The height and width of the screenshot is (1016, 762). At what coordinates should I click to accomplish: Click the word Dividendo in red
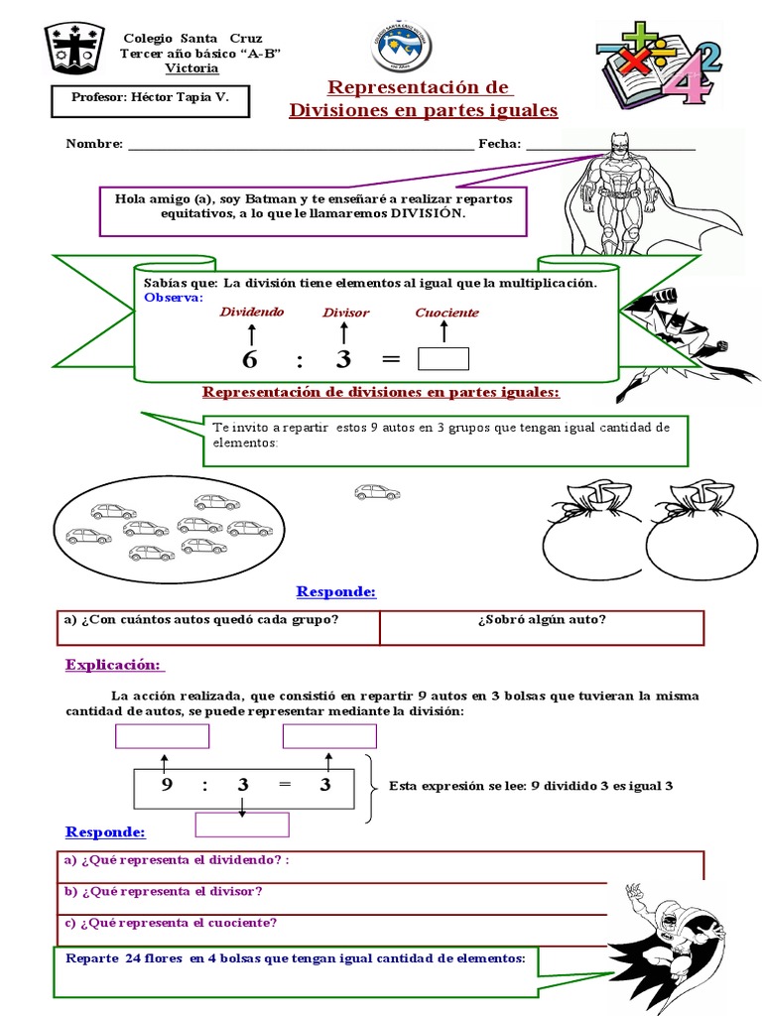tap(251, 312)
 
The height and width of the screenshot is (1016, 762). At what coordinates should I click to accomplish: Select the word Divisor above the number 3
tap(345, 313)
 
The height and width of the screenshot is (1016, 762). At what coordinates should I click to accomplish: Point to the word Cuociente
tap(446, 313)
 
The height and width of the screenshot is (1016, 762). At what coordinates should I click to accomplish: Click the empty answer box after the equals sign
tap(444, 358)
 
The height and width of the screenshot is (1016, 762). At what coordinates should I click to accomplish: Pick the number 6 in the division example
tap(249, 359)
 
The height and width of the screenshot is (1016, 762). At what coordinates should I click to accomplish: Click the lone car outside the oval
tap(377, 491)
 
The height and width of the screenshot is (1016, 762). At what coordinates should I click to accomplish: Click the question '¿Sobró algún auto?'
tap(542, 621)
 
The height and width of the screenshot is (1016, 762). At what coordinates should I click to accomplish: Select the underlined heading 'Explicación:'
tap(115, 664)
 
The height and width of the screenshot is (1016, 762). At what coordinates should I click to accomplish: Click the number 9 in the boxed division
tap(165, 786)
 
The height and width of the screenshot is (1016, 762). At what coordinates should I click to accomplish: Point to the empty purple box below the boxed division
tap(241, 825)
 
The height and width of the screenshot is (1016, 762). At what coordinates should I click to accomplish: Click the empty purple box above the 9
tap(163, 736)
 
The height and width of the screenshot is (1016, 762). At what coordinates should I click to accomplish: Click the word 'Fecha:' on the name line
tap(499, 144)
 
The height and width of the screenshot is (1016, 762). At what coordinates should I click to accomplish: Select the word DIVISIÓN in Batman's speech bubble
tap(427, 213)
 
